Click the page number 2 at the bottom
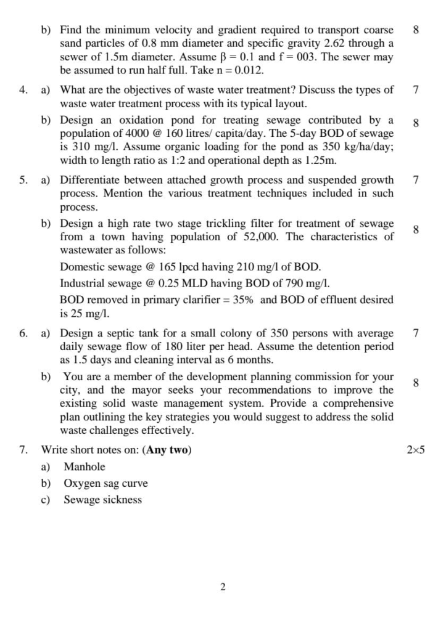[223, 587]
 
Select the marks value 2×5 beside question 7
[416, 450]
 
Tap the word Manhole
[85, 466]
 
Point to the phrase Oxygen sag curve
[105, 483]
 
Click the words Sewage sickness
[102, 500]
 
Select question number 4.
[23, 90]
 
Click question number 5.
[23, 180]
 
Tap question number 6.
[23, 333]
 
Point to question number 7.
[23, 450]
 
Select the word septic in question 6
[120, 333]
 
